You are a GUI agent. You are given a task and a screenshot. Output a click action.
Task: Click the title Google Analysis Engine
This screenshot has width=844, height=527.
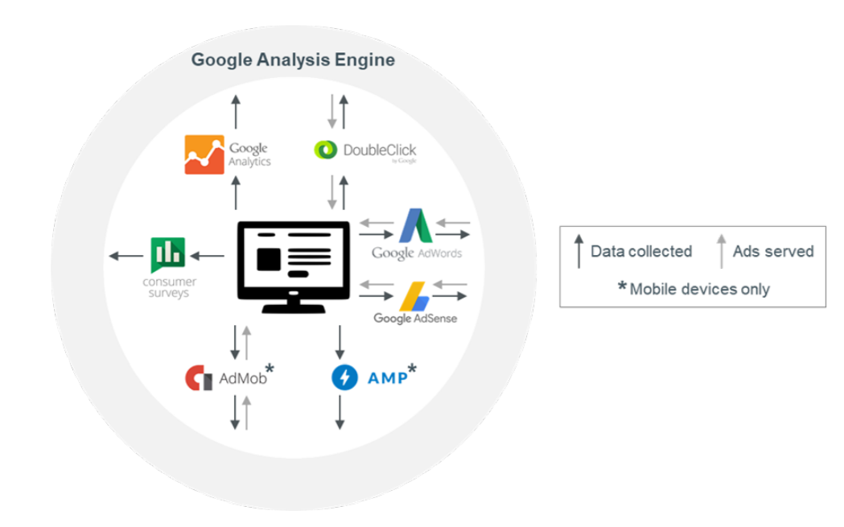point(293,60)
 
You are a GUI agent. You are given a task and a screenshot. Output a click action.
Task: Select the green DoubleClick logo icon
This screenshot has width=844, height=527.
point(325,150)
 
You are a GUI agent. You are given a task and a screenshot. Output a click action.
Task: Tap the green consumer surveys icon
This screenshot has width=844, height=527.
point(167,255)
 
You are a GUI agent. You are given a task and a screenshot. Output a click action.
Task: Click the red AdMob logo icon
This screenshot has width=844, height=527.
point(198,378)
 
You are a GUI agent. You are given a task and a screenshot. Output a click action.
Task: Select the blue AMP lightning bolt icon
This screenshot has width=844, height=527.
point(344,377)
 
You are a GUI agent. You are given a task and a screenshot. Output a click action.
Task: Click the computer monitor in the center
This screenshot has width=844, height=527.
point(294,266)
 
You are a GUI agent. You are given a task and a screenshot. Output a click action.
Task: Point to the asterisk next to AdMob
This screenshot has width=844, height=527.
point(270,369)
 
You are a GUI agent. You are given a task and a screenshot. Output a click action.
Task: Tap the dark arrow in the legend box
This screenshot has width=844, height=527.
point(578,251)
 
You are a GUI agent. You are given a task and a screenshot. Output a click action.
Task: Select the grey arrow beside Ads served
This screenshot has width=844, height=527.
point(722,251)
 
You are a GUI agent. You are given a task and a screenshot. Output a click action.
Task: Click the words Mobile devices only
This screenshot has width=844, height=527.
point(699,289)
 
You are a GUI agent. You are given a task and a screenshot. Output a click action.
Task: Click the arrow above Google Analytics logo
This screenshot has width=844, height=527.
point(235,111)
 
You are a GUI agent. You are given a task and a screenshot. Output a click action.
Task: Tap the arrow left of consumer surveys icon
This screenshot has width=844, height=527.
point(125,256)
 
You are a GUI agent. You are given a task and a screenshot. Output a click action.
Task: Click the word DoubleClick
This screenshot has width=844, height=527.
point(379,150)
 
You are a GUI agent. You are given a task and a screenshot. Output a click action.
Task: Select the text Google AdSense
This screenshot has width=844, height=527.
point(414,319)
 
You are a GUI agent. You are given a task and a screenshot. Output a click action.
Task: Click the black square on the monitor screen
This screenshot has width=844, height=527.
point(268,259)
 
